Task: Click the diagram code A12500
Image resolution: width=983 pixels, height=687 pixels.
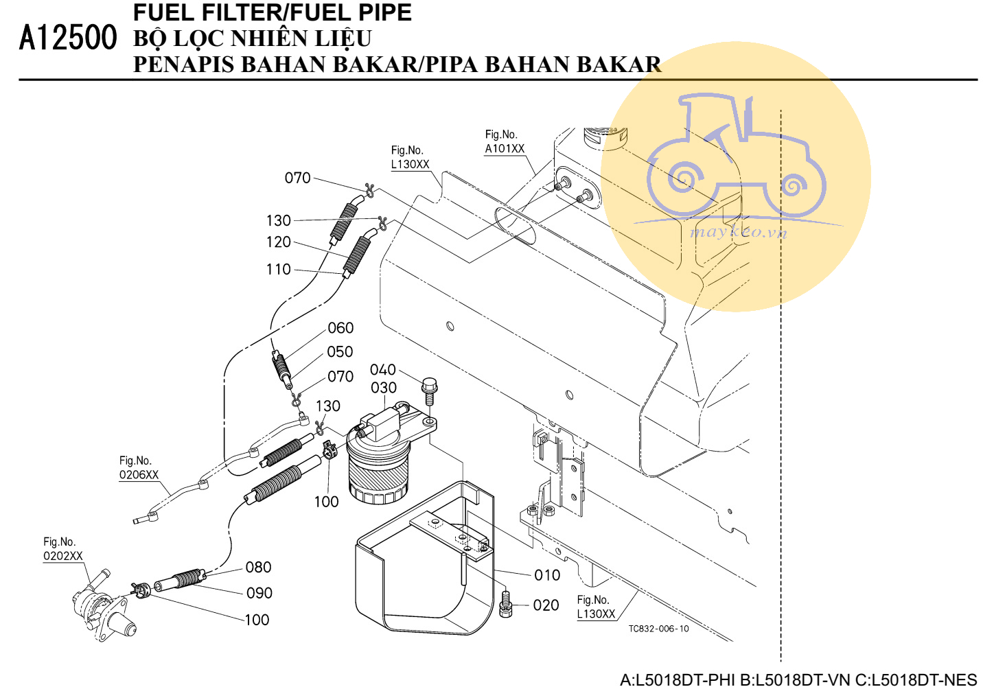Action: click(x=68, y=38)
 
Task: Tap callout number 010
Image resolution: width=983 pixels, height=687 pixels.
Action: click(x=547, y=575)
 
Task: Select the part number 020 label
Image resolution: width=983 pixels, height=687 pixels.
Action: click(x=546, y=605)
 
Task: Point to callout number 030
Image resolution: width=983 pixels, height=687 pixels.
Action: click(x=384, y=388)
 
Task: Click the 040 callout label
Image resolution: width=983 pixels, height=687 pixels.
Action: click(x=383, y=370)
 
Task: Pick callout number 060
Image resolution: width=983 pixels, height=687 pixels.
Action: click(x=340, y=328)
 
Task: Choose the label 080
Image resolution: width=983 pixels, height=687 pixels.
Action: click(x=258, y=568)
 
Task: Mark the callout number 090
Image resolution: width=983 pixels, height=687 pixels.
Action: click(x=259, y=593)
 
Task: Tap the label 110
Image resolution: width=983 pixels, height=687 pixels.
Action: click(x=278, y=270)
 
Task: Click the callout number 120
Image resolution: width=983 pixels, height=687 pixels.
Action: click(x=278, y=242)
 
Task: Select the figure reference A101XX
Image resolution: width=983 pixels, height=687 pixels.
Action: click(x=505, y=149)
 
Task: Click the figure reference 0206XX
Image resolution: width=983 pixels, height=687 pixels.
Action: click(x=139, y=475)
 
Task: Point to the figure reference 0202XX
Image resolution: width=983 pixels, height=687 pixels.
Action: click(x=62, y=556)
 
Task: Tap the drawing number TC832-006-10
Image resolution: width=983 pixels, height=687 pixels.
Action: click(x=658, y=629)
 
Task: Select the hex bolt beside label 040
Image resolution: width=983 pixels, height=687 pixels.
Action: click(x=430, y=391)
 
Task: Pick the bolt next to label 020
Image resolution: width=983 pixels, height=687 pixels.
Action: click(x=507, y=605)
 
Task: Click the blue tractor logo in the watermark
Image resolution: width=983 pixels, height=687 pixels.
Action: click(x=736, y=165)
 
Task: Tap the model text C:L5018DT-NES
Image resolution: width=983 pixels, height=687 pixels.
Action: click(x=916, y=679)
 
